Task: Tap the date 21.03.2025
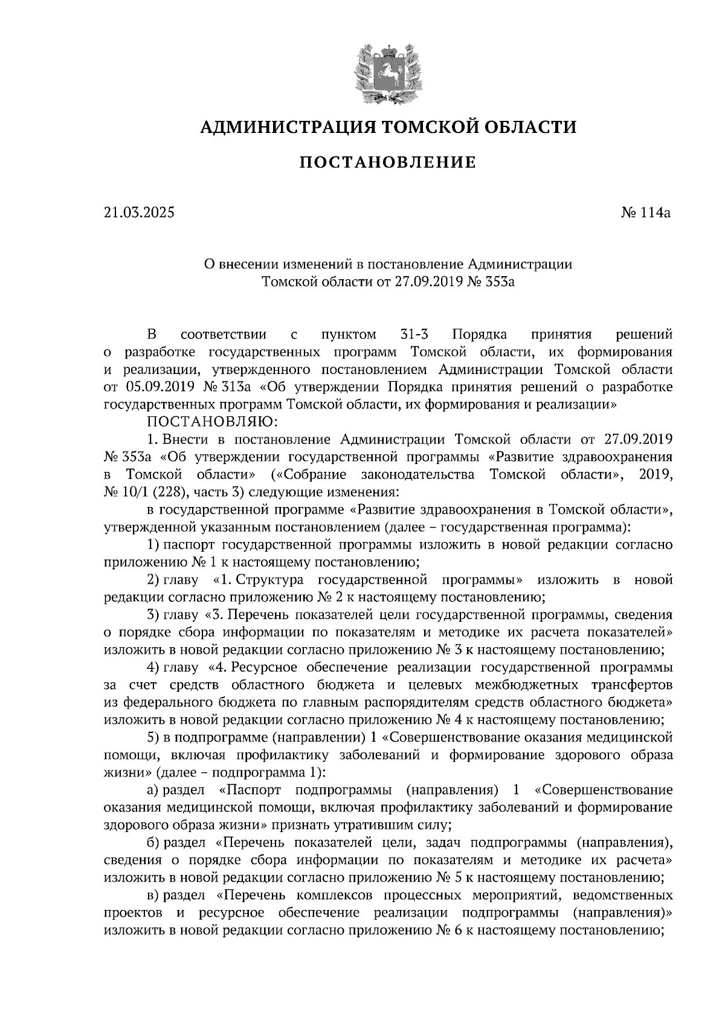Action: point(138,213)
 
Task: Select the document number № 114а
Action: point(646,213)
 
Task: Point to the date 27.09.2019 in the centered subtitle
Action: point(430,281)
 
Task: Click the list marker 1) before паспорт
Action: point(154,544)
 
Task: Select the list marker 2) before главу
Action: point(154,580)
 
